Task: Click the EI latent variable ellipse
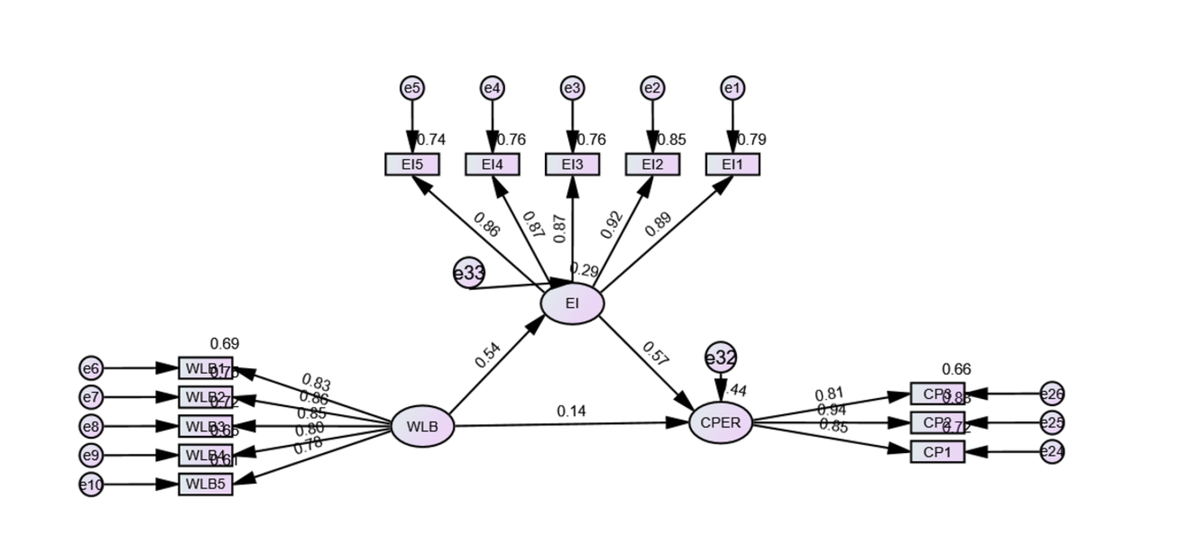572,303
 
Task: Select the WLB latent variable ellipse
422,426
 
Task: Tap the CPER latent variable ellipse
720,422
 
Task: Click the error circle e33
469,272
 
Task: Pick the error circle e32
720,357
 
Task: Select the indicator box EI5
412,164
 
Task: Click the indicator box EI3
572,164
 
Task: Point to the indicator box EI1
732,164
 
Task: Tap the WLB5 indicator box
205,484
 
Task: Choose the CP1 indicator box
937,452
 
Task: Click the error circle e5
412,88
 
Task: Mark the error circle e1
732,88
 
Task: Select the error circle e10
91,485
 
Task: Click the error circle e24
1052,452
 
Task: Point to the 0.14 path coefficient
571,411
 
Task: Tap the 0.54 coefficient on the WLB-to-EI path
487,355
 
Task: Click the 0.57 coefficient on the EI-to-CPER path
656,354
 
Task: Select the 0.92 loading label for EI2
611,225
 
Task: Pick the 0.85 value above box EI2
671,139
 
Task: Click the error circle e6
91,368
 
